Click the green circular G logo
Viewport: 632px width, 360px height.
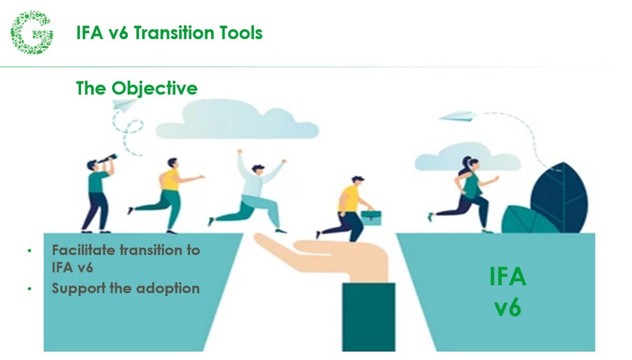click(x=31, y=32)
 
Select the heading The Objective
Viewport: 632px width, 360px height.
click(x=137, y=88)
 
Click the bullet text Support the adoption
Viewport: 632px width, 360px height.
click(x=126, y=288)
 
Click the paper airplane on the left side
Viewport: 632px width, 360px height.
click(x=124, y=104)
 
